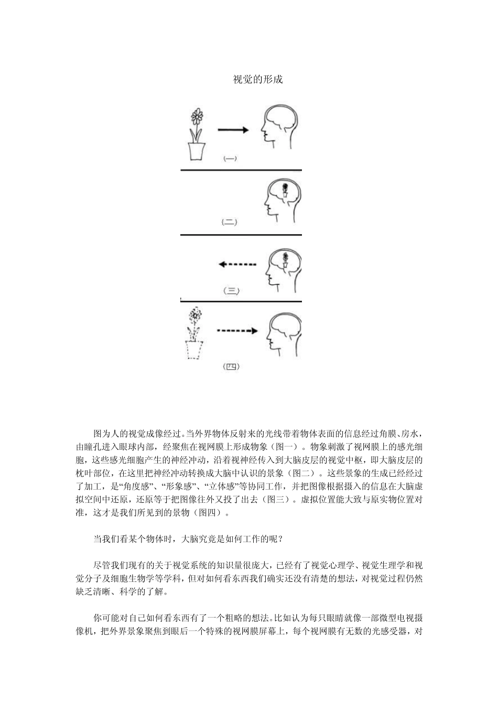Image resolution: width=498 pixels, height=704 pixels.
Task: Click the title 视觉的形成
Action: point(257,80)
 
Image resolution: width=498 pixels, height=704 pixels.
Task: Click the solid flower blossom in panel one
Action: point(197,115)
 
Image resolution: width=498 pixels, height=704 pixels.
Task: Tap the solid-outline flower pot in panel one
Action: point(197,150)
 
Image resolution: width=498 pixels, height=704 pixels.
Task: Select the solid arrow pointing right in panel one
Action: point(233,130)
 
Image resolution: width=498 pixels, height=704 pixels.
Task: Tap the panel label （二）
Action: point(230,222)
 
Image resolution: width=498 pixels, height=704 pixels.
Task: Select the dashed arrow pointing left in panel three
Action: point(237,265)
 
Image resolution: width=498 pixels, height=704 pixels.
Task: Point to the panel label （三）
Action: point(231,290)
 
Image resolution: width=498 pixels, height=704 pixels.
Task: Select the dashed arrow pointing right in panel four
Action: point(237,331)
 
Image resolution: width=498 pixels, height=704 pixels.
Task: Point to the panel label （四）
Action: point(231,367)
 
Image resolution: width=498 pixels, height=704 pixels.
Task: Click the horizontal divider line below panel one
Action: point(241,170)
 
